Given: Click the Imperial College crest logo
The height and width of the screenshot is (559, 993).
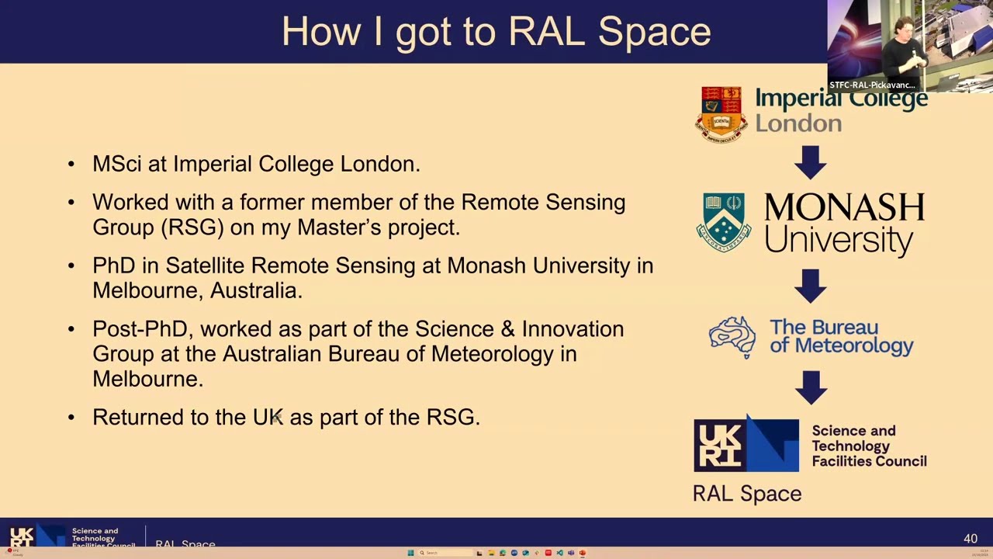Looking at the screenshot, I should [721, 113].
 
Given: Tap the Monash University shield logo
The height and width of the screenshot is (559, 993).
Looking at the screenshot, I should [723, 222].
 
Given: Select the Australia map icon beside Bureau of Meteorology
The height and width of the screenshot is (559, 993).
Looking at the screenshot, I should [732, 337].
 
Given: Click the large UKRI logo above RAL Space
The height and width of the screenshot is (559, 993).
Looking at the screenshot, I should [746, 445].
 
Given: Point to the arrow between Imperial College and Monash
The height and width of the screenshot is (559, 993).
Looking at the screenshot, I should [811, 162].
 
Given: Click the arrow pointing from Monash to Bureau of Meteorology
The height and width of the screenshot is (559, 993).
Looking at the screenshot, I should [811, 286].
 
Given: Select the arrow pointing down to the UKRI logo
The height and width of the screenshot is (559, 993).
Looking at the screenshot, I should [811, 387].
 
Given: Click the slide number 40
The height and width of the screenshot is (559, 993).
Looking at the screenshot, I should [970, 538].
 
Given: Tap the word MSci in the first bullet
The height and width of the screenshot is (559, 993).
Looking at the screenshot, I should [116, 164].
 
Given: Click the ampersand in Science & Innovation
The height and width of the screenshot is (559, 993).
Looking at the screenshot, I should [507, 329].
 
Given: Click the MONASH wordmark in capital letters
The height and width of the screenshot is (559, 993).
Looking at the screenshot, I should [843, 208].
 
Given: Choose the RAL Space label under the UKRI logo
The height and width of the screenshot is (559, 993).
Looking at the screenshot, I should [746, 494].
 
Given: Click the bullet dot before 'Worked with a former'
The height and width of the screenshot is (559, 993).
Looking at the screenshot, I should [71, 203].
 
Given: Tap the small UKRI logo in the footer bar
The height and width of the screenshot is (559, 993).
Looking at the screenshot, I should [22, 537].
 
